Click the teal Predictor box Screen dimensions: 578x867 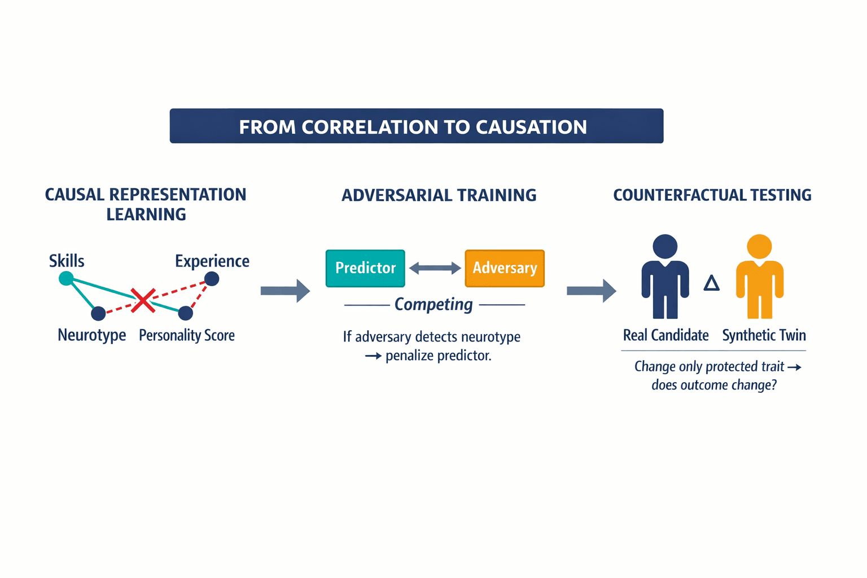click(x=365, y=268)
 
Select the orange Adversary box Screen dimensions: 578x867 click(x=505, y=268)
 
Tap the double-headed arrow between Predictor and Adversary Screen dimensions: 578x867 click(x=435, y=269)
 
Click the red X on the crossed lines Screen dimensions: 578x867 click(x=143, y=300)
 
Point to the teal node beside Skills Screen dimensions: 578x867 click(x=66, y=278)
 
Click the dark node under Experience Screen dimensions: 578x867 click(x=212, y=278)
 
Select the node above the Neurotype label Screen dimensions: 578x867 click(x=98, y=313)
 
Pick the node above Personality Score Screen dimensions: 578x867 click(x=186, y=313)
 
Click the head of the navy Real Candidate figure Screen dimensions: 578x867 click(x=665, y=247)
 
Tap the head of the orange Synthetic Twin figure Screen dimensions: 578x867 click(x=759, y=247)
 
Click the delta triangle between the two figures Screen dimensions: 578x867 click(x=712, y=283)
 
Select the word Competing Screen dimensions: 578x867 click(x=433, y=305)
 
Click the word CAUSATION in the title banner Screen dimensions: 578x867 click(x=531, y=127)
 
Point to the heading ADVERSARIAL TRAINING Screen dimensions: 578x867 click(x=439, y=195)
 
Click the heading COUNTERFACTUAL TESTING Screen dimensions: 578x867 click(x=712, y=195)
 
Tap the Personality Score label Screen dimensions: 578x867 click(x=187, y=335)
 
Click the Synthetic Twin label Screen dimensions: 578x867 click(x=764, y=335)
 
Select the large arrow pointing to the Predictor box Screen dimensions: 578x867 click(x=285, y=291)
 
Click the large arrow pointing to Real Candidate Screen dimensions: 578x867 click(x=591, y=291)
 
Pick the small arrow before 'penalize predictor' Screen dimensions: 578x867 click(x=373, y=356)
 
